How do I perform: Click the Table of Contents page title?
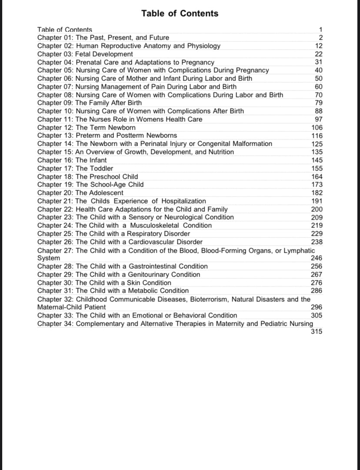(180, 13)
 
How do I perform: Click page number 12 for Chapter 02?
(319, 46)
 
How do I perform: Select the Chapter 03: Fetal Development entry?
(85, 54)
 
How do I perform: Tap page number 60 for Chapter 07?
(319, 87)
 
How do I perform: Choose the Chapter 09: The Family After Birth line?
(90, 103)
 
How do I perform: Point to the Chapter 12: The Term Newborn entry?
(87, 127)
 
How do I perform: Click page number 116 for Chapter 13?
(317, 136)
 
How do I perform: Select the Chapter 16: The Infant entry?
(72, 160)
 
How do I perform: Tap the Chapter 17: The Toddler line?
(75, 168)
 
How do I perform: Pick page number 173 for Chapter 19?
(317, 185)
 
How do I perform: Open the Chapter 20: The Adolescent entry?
(80, 193)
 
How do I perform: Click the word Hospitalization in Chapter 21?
(184, 201)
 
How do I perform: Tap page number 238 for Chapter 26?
(317, 242)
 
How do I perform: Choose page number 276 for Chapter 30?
(317, 283)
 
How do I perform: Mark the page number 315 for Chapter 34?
(317, 332)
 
